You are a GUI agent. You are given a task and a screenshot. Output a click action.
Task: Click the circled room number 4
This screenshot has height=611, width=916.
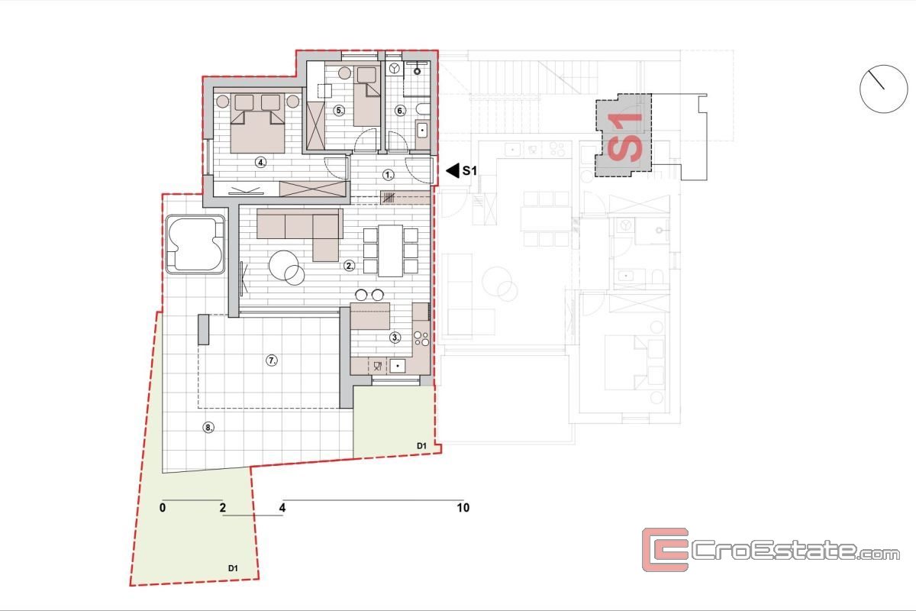click(261, 163)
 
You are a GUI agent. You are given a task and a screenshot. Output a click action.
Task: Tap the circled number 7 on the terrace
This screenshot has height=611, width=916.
click(272, 360)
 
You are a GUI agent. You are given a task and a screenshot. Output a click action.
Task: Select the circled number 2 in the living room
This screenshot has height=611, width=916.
click(350, 266)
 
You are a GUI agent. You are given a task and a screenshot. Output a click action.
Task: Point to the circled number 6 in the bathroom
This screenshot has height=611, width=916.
click(400, 111)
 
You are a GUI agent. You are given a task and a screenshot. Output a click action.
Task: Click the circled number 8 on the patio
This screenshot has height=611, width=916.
click(208, 428)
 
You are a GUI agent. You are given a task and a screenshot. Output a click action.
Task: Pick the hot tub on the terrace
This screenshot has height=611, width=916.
click(195, 244)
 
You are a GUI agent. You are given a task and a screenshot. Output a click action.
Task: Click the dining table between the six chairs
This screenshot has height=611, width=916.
click(391, 251)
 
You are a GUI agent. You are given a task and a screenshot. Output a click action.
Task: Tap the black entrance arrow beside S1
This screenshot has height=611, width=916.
click(453, 170)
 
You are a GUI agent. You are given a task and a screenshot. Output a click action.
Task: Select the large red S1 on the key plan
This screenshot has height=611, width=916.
click(625, 137)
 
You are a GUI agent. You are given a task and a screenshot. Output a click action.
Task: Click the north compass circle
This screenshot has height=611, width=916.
click(884, 89)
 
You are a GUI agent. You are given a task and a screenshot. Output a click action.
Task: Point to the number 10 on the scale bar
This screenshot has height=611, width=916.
click(463, 508)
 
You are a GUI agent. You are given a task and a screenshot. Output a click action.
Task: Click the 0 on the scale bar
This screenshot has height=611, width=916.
click(163, 508)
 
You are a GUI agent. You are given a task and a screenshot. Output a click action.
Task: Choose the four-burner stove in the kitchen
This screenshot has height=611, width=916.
click(421, 338)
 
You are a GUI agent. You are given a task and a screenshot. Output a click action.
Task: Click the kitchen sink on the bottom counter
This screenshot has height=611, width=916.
click(398, 366)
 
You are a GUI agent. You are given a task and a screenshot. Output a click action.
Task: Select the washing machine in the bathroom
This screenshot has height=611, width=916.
click(394, 68)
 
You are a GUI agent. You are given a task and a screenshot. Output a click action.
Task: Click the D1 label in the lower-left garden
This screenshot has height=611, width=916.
click(233, 568)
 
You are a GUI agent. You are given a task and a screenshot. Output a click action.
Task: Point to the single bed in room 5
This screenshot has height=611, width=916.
click(367, 95)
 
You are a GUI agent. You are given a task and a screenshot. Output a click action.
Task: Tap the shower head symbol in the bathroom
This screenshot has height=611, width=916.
click(417, 71)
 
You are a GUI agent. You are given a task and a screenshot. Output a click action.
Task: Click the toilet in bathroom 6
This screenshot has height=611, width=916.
click(423, 108)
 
